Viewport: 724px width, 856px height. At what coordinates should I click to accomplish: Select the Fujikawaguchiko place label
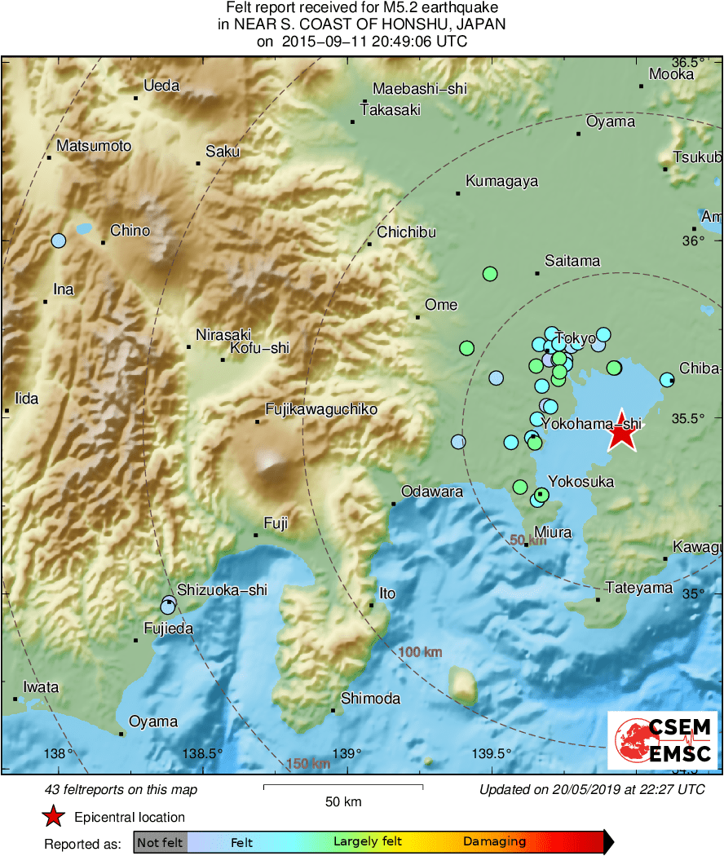click(321, 409)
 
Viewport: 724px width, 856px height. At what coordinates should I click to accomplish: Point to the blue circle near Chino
click(58, 240)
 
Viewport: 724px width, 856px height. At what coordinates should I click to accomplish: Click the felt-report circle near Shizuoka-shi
click(168, 605)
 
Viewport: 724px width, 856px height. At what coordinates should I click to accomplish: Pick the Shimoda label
click(370, 699)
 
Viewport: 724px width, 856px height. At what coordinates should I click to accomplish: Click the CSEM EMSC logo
click(663, 740)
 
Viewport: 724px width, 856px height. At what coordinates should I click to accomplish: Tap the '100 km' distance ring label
click(420, 652)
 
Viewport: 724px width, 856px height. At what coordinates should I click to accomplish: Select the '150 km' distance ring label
click(308, 764)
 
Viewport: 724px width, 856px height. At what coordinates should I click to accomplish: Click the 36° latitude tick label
click(694, 240)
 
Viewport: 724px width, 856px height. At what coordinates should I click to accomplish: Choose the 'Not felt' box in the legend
click(160, 842)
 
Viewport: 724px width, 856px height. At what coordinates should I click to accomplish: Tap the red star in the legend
click(54, 816)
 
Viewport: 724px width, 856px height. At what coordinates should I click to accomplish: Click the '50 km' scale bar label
click(343, 801)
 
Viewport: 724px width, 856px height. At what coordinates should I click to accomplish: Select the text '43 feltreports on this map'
click(121, 789)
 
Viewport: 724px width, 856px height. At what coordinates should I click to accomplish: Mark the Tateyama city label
click(638, 588)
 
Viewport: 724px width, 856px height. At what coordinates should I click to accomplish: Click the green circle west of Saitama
click(490, 274)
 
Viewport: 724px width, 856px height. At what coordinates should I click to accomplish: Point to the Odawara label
click(432, 492)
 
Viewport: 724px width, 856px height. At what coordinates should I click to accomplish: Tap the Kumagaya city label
click(501, 181)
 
